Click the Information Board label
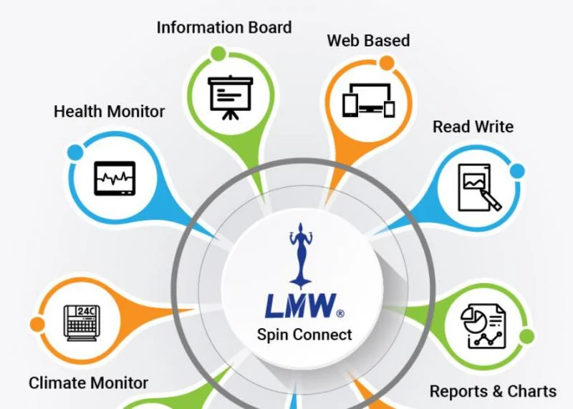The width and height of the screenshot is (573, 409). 224,28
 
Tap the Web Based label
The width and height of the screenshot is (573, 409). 368,41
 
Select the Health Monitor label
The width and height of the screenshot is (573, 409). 109,112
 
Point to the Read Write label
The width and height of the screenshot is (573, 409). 473,127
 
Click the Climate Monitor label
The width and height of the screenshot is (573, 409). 88,383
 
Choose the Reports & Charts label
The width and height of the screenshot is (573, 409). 493,391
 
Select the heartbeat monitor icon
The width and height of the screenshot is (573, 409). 115,179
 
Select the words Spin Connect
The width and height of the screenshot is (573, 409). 304,334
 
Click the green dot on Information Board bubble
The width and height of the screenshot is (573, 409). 218,54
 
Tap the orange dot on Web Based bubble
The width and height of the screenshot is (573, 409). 387,64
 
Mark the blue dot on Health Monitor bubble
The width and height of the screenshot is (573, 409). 75,152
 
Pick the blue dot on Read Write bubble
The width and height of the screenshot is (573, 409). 516,171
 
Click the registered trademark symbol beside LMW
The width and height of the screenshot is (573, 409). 340,313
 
